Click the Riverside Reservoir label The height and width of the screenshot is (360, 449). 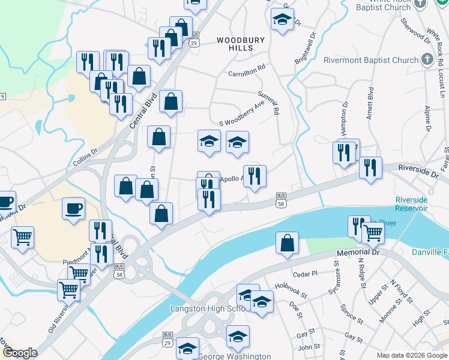pyautogui.click(x=411, y=204)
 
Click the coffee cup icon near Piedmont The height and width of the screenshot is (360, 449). pyautogui.click(x=73, y=209)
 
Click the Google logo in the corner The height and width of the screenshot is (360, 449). pyautogui.click(x=20, y=353)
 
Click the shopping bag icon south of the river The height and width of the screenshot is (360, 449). pyautogui.click(x=288, y=243)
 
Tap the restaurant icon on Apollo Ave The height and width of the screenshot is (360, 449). pyautogui.click(x=255, y=176)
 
